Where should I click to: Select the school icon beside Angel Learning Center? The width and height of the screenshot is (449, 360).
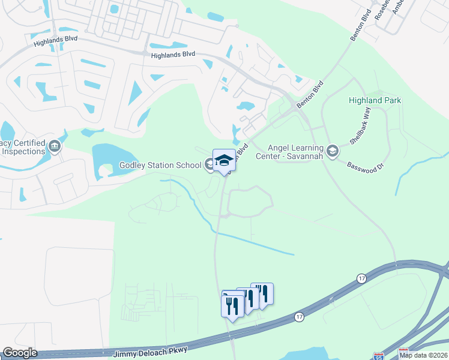[333, 149]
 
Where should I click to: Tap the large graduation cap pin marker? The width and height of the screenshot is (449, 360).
[224, 160]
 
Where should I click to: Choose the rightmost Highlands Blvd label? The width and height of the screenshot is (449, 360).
[173, 55]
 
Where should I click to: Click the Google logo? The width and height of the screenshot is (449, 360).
[19, 353]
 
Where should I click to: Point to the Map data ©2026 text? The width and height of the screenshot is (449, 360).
[423, 355]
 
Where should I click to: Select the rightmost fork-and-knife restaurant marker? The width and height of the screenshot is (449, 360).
[262, 293]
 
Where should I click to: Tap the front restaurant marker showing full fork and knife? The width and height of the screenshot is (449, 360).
[232, 305]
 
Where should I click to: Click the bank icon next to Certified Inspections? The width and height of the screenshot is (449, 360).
[55, 146]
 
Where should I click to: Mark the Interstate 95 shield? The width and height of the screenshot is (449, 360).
[378, 356]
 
